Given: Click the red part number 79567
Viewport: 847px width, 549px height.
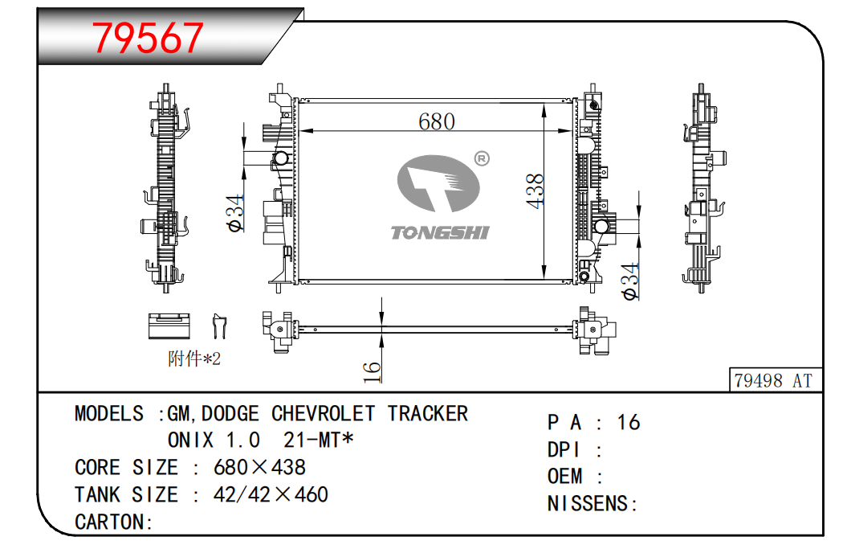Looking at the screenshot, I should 149,38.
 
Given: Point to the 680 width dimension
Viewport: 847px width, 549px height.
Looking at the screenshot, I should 436,121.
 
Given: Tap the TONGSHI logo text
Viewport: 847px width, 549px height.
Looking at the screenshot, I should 439,233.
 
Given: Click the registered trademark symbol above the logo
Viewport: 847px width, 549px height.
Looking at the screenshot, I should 482,158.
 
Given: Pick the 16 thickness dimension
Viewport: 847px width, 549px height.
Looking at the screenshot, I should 371,370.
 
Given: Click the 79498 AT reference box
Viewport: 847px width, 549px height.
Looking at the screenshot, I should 772,380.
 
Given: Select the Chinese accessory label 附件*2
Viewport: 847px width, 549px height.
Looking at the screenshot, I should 193,359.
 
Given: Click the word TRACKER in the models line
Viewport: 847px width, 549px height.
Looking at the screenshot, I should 427,414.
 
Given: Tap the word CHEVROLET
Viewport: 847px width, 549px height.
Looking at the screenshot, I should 323,414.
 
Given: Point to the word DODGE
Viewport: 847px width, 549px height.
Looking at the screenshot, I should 230,414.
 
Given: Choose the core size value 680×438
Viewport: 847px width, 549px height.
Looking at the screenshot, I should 259,468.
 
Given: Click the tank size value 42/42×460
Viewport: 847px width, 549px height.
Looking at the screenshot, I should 271,494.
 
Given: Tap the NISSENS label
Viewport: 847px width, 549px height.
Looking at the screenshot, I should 592,504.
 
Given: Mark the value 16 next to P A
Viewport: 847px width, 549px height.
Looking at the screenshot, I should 629,423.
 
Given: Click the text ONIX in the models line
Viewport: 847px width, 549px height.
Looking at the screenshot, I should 190,440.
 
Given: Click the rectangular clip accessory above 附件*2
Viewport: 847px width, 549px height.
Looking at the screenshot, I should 168,324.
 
